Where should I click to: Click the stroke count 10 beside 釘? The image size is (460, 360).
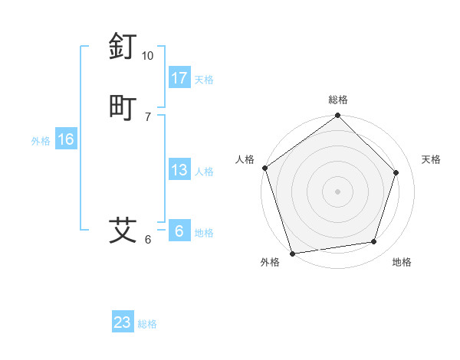click(x=148, y=56)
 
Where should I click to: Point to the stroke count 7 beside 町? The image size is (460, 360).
click(x=148, y=116)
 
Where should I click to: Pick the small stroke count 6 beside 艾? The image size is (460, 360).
click(x=148, y=239)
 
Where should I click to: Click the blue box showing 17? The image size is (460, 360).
click(x=179, y=78)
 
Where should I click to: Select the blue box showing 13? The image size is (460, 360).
click(x=179, y=170)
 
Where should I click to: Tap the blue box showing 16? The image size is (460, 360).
click(x=66, y=139)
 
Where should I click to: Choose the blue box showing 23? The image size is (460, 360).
click(x=123, y=322)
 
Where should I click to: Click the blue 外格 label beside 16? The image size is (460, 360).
click(x=41, y=141)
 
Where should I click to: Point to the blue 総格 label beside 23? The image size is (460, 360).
click(x=148, y=324)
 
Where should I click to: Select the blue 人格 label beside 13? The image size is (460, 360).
click(x=205, y=172)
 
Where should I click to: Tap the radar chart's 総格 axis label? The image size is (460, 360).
click(x=338, y=100)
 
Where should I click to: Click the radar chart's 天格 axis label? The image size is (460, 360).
click(x=432, y=159)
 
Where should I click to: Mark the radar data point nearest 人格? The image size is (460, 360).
click(x=264, y=168)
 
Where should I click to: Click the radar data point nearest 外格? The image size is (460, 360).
click(x=292, y=253)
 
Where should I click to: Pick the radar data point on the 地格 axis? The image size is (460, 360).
click(x=374, y=242)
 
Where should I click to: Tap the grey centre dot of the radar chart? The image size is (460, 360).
click(x=338, y=191)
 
